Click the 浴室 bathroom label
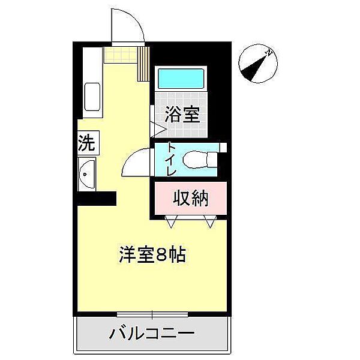tap(183, 113)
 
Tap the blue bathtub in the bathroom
tap(182, 79)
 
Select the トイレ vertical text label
tap(171, 159)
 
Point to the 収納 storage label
tap(191, 198)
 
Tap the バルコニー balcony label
tap(151, 334)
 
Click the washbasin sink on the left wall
tap(86, 175)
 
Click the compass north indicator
tap(257, 64)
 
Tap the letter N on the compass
tap(270, 53)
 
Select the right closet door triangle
tap(210, 223)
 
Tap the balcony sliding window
tap(152, 314)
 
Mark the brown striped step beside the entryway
tap(143, 63)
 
